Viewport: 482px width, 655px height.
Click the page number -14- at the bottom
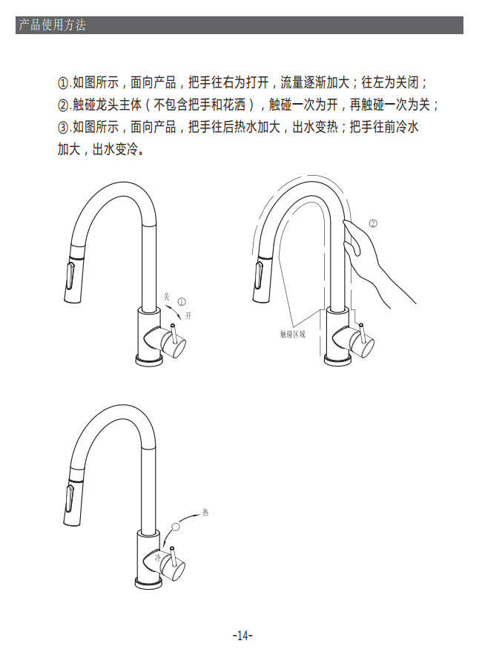(242, 636)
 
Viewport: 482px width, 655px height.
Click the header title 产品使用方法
(52, 25)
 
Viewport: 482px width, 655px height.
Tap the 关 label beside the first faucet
(167, 297)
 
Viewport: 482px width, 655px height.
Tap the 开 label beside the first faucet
(188, 316)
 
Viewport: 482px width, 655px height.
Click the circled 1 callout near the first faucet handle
(182, 301)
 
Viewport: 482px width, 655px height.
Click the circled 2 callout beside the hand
(373, 223)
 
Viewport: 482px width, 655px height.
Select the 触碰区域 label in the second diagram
(292, 334)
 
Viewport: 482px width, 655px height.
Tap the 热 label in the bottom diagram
(205, 512)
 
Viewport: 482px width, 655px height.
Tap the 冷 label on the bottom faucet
(158, 557)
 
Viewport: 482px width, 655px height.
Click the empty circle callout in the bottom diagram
(176, 527)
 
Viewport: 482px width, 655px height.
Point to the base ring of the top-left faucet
(149, 360)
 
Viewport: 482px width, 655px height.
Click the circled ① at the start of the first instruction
(62, 83)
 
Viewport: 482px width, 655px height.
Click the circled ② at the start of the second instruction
(62, 105)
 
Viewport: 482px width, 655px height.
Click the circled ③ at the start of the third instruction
(62, 127)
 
